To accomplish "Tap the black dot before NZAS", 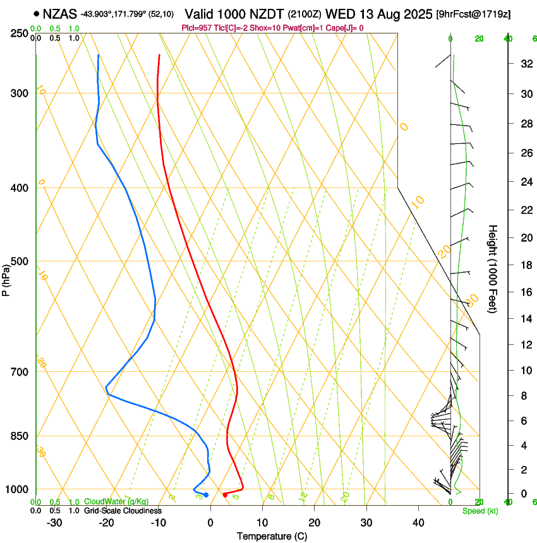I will point(36,13).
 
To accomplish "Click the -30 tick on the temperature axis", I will point(54,523).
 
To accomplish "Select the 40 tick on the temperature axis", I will point(418,523).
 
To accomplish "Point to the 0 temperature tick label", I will point(210,523).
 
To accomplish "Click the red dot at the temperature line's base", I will point(225,494).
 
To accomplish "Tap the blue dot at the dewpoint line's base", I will point(206,494).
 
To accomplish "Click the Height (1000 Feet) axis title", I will point(493,268).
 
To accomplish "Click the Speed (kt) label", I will point(477,511).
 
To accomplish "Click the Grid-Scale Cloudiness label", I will point(121,511).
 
